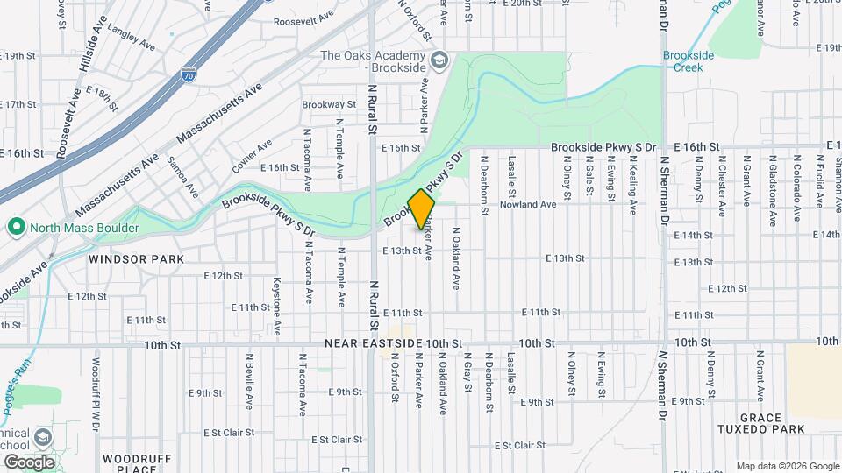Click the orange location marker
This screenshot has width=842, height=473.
pyautogui.click(x=422, y=209)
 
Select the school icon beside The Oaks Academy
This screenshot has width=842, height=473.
pyautogui.click(x=439, y=60)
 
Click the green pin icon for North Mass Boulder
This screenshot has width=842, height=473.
pyautogui.click(x=15, y=229)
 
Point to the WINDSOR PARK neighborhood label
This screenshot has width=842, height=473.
pyautogui.click(x=135, y=259)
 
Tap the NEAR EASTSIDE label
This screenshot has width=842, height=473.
pyautogui.click(x=375, y=342)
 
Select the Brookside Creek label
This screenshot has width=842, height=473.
pyautogui.click(x=689, y=60)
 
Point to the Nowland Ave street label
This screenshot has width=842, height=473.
pyautogui.click(x=528, y=205)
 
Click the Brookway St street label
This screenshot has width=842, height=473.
pyautogui.click(x=329, y=104)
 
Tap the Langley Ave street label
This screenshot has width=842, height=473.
pyautogui.click(x=129, y=32)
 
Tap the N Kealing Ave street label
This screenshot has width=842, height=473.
pyautogui.click(x=632, y=185)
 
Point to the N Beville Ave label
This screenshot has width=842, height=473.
pyautogui.click(x=250, y=371)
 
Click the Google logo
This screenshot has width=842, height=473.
pyautogui.click(x=29, y=462)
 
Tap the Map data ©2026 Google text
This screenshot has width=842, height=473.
pyautogui.click(x=787, y=465)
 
